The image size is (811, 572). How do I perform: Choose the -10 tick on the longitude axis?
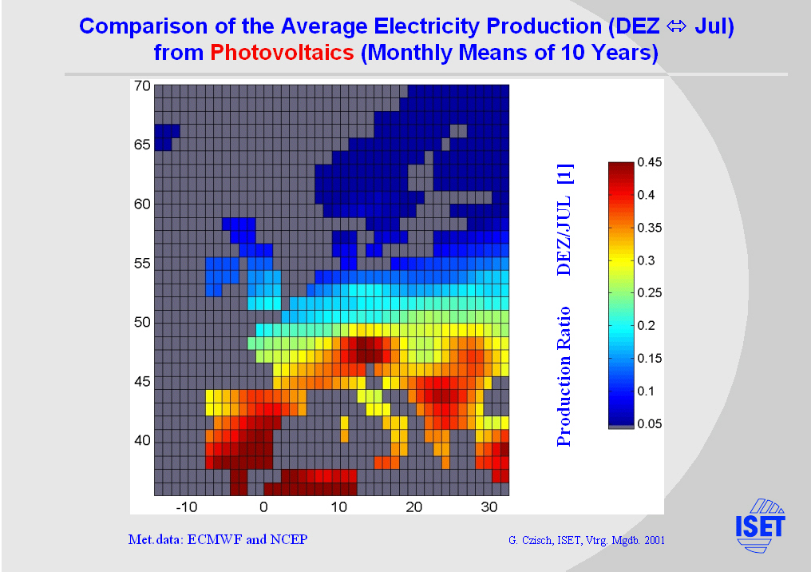187,506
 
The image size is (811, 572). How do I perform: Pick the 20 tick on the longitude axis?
415,506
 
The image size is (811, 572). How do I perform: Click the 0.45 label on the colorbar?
649,162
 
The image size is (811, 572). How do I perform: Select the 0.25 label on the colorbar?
649,293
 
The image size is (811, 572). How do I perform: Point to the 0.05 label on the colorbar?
649,424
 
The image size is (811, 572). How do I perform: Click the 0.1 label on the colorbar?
646,391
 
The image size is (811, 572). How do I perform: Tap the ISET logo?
759,525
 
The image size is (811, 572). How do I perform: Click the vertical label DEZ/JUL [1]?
564,219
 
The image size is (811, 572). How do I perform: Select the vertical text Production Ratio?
564,375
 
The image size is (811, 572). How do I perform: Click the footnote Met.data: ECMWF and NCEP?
218,539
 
